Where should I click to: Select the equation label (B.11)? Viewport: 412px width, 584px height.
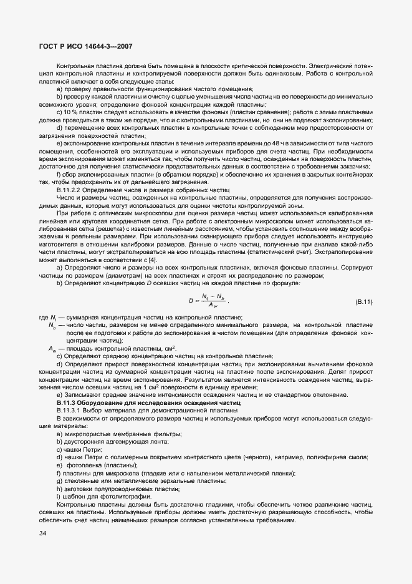(x=363, y=302)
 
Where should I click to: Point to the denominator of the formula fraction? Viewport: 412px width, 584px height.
(x=213, y=306)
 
